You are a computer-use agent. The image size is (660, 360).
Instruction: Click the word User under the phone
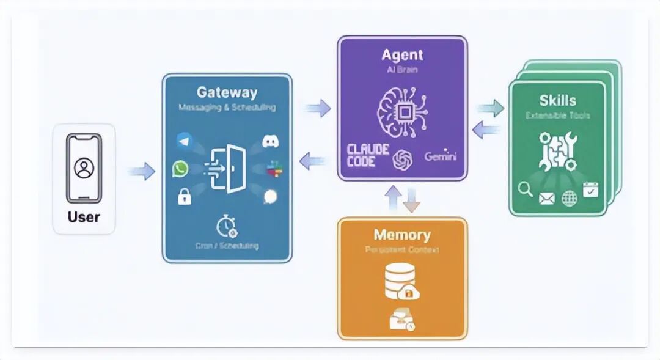point(84,216)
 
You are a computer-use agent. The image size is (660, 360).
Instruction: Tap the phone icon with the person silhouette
point(84,167)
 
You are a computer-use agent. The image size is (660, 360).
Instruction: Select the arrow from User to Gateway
point(141,171)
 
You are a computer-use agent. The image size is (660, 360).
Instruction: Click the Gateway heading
point(227,93)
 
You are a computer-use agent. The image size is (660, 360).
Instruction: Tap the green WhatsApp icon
point(180,169)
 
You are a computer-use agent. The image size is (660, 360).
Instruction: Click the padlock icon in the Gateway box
point(183,196)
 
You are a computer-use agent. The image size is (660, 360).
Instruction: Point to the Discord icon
point(271,141)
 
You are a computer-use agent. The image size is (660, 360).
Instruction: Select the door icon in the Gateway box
point(228,169)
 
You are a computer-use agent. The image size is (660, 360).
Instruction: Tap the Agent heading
point(402,55)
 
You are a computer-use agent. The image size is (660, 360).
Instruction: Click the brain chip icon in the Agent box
point(402,111)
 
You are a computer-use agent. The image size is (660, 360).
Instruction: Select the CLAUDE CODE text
point(369,156)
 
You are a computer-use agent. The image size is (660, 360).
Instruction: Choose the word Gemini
point(440,156)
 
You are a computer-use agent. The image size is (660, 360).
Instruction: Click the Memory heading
point(402,235)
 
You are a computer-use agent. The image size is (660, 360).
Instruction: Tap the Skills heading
point(557,101)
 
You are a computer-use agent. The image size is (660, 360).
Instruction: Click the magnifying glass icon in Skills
point(525,189)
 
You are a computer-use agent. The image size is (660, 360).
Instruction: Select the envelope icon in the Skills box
point(546,197)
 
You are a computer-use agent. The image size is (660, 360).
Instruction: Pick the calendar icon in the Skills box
point(590,189)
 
